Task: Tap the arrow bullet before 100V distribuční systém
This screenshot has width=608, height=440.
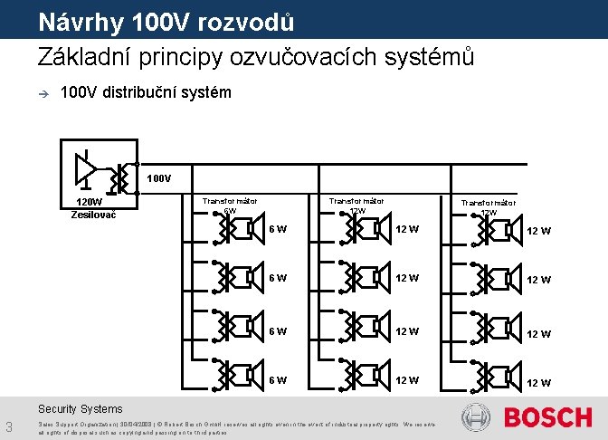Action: (x=42, y=93)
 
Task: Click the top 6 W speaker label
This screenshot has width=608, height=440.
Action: (x=278, y=229)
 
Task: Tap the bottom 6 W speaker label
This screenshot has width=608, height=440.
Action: (x=278, y=379)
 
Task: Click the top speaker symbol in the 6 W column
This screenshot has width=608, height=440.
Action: (x=238, y=229)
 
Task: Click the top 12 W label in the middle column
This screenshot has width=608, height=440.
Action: (x=407, y=229)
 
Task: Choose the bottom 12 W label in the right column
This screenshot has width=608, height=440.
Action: (x=539, y=382)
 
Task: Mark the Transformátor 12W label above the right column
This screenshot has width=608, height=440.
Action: (x=489, y=207)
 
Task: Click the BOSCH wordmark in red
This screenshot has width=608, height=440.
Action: (x=547, y=417)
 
